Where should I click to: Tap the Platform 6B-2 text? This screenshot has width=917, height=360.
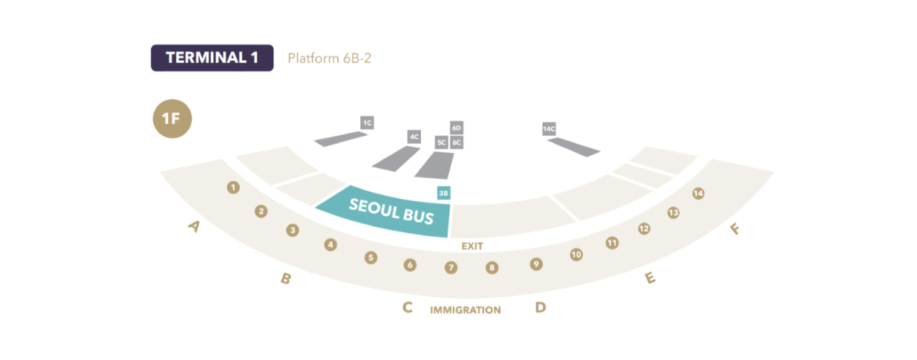click(329, 58)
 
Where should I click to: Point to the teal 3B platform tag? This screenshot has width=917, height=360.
click(444, 193)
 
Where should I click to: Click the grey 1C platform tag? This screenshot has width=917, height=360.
click(367, 122)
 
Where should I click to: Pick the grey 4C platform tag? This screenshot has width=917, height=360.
click(414, 137)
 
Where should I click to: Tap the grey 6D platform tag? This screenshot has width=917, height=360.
click(457, 128)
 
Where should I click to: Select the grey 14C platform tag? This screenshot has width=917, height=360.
click(549, 128)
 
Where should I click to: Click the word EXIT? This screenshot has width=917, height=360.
click(473, 245)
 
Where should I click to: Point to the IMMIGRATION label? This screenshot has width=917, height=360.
click(466, 310)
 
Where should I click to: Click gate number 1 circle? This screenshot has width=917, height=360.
click(233, 188)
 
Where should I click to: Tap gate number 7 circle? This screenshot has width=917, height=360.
click(451, 267)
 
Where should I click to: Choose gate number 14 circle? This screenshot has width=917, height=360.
click(698, 194)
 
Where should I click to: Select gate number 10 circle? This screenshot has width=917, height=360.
click(576, 255)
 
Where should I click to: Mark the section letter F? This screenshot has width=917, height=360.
click(735, 229)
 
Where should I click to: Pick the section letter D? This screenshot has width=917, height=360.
click(541, 307)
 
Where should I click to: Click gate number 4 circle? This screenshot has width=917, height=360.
click(331, 244)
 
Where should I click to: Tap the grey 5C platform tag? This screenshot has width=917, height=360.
click(441, 142)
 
